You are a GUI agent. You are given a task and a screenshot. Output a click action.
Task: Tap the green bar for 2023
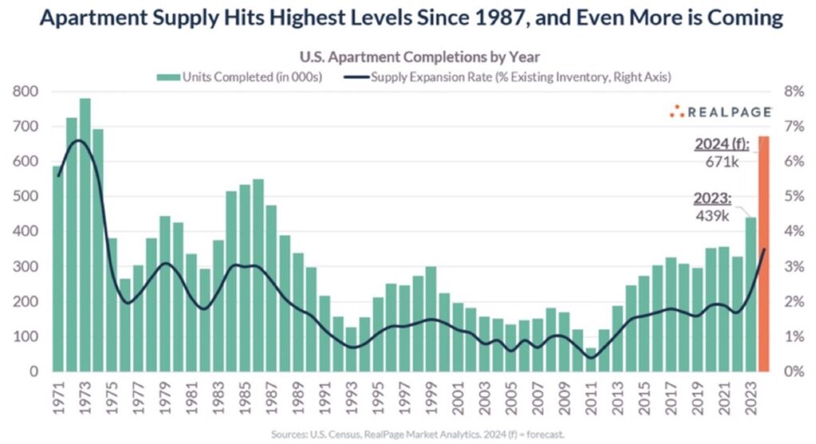pyautogui.click(x=749, y=294)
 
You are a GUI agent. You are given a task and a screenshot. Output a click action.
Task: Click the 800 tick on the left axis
pyautogui.click(x=26, y=92)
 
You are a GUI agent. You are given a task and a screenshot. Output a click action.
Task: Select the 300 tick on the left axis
pyautogui.click(x=26, y=266)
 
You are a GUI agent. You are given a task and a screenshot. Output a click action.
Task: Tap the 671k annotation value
pyautogui.click(x=724, y=162)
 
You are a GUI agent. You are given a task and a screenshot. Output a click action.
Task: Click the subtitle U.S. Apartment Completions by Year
pyautogui.click(x=408, y=57)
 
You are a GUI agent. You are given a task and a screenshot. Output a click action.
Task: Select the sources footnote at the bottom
pyautogui.click(x=409, y=435)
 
